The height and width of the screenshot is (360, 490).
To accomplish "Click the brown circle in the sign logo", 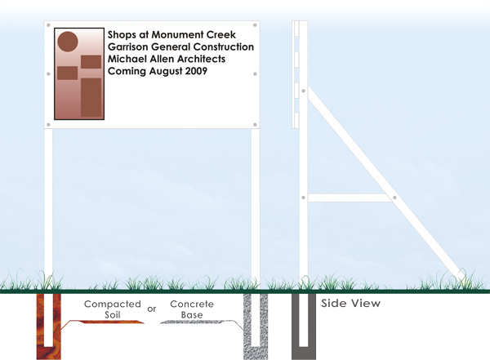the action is pyautogui.click(x=68, y=42).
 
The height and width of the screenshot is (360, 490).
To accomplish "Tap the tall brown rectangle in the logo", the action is pyautogui.click(x=91, y=97).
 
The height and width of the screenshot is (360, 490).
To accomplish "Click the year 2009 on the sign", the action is pyautogui.click(x=196, y=71).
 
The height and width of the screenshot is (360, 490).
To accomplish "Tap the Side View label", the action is pyautogui.click(x=350, y=303).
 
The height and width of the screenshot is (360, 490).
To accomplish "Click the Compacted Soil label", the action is pyautogui.click(x=113, y=309).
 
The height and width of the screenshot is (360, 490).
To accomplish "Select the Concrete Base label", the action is pyautogui.click(x=192, y=309).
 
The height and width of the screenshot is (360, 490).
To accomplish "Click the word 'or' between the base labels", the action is pyautogui.click(x=152, y=309).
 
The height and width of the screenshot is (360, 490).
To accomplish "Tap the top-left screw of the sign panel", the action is pyautogui.click(x=48, y=25).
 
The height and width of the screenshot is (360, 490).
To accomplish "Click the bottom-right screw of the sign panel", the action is pyautogui.click(x=255, y=125).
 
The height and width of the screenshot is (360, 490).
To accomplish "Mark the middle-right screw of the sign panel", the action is pyautogui.click(x=255, y=74).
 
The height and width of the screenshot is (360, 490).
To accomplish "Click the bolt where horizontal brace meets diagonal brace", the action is pyautogui.click(x=394, y=198).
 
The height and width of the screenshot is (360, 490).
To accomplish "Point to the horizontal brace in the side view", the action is pyautogui.click(x=350, y=198).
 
